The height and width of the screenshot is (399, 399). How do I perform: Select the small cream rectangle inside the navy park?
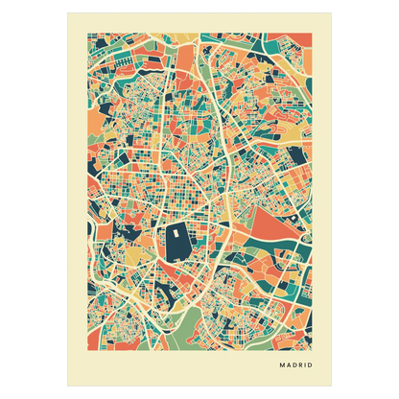(x=178, y=229)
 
